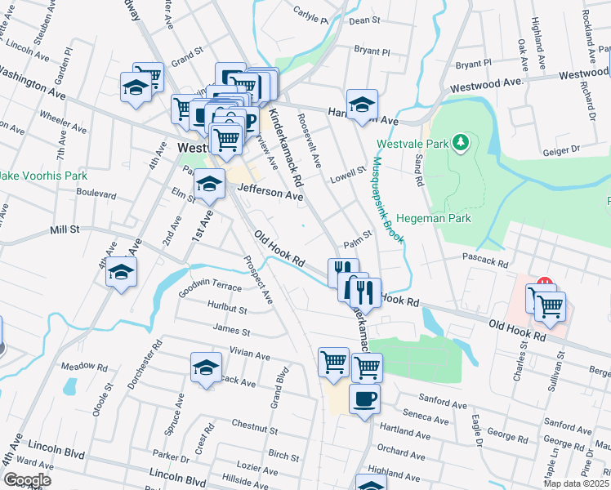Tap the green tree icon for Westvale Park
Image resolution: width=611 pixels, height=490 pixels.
pos(462,143)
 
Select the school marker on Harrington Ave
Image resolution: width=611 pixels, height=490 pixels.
pos(362,105)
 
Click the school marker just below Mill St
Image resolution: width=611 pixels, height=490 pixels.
pos(121,272)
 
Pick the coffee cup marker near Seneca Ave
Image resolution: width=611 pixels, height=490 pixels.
pos(364,399)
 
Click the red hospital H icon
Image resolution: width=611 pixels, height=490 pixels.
pos(545,286)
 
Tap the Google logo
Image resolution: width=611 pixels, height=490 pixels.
pos(27,479)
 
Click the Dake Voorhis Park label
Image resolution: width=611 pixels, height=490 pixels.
pos(41,175)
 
